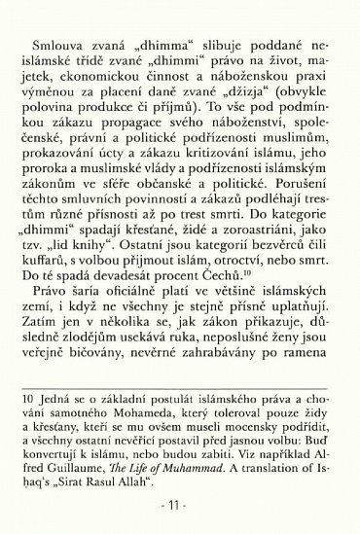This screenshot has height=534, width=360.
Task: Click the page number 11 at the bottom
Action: click(180, 507)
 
